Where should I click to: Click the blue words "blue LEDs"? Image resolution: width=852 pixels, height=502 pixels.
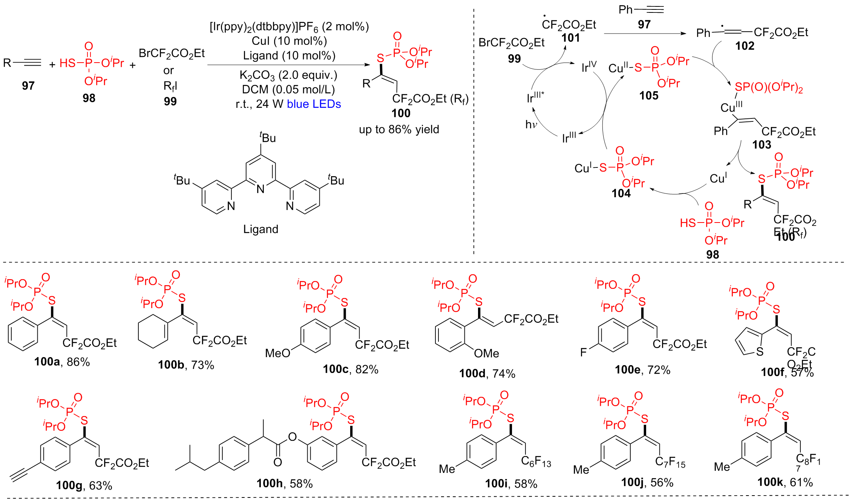314,104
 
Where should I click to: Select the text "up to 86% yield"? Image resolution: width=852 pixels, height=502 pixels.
399,129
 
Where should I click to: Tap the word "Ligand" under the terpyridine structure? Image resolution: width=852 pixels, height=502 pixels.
261,229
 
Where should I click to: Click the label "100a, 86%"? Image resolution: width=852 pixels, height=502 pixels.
62,362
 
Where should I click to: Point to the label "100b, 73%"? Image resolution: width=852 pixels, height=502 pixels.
186,365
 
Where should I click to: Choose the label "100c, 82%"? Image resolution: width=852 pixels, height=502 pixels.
350,369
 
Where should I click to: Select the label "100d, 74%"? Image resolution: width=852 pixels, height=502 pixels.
487,373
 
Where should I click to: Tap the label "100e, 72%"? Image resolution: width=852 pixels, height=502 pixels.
642,370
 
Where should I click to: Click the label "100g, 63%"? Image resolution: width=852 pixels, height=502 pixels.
84,485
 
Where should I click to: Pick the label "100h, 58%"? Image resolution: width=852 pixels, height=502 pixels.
285,484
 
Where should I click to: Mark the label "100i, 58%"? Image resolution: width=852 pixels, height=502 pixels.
511,484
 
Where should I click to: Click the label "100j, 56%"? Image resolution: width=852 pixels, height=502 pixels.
647,482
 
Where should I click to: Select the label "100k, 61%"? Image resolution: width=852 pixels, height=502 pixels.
785,482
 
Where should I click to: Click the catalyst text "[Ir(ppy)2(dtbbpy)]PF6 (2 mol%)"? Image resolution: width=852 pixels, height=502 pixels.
289,27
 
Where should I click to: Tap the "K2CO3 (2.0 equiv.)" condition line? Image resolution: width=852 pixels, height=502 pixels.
288,75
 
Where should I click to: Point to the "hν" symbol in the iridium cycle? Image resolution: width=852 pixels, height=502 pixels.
531,124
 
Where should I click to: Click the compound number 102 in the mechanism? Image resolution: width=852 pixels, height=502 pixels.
745,46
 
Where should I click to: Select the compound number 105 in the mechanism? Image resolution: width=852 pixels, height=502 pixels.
648,96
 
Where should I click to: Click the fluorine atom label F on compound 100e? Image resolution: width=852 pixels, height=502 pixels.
583,353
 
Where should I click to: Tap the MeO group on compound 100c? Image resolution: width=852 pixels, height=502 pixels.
277,353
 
